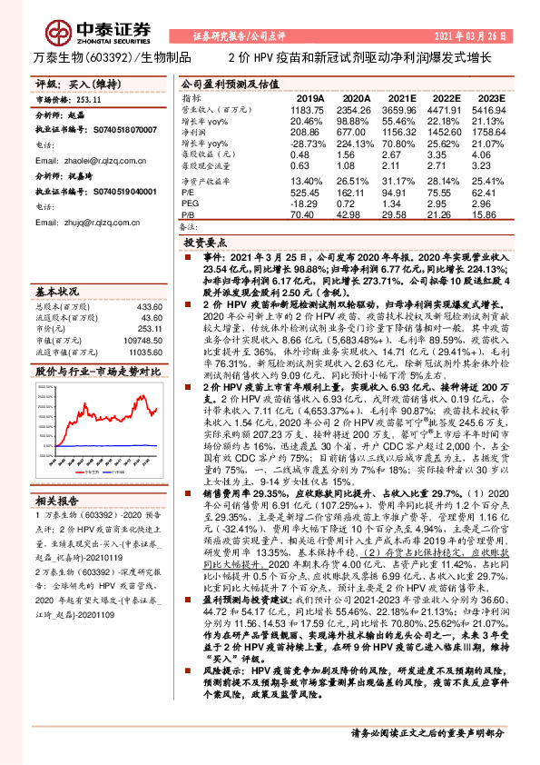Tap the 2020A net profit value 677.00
(356, 133)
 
